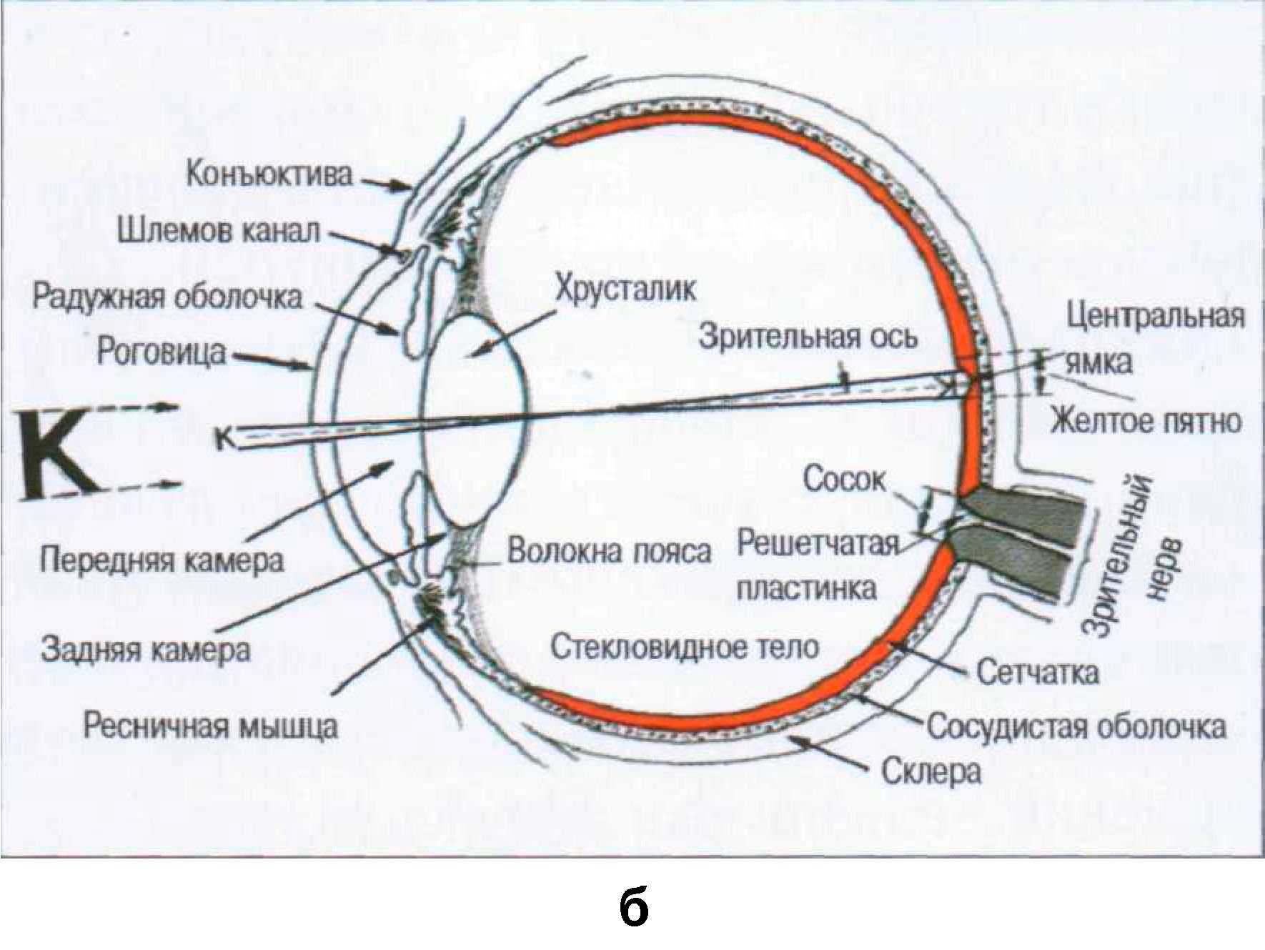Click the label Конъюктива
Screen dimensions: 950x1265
pos(269,174)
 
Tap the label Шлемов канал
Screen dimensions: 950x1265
pos(219,232)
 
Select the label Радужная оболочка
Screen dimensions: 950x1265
pos(167,297)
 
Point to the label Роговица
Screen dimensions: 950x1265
pos(161,352)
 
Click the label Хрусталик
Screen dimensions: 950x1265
pos(625,289)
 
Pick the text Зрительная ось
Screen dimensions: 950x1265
pos(808,336)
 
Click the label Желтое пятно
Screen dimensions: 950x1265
pos(1145,421)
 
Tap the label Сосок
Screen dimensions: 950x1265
pos(844,479)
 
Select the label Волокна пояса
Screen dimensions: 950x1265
pos(609,551)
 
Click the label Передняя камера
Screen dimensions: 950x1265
pos(162,560)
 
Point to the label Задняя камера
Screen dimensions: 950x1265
pos(146,650)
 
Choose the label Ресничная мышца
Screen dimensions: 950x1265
pos(210,726)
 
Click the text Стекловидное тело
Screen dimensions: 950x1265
pos(685,647)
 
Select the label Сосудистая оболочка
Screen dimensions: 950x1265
pos(1076,727)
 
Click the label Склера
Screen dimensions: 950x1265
pos(931,772)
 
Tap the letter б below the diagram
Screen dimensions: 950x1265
pos(633,908)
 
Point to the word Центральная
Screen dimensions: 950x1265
pos(1156,316)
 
